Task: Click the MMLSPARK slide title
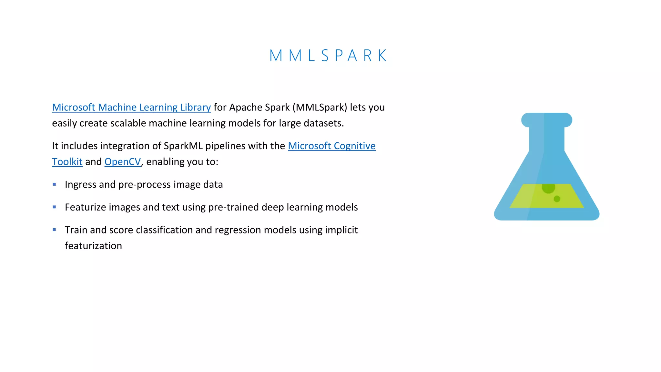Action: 328,56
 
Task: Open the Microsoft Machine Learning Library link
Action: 131,107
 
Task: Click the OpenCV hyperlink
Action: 123,162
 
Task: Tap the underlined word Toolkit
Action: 67,162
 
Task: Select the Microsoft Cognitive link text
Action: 331,146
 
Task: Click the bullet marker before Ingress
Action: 54,184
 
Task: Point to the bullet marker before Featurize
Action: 54,207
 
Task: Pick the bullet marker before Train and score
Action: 54,230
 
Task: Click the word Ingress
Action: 80,185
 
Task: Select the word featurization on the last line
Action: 93,246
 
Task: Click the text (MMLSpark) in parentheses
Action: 320,107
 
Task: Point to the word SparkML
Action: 183,146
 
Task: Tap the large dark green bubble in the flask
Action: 548,188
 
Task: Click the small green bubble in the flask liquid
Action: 557,199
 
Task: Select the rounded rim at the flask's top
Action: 546,120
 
